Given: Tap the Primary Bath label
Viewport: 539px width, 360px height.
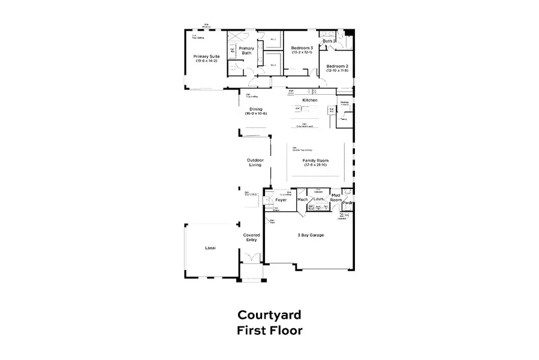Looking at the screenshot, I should pyautogui.click(x=246, y=51).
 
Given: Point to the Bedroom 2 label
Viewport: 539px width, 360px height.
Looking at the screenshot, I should pyautogui.click(x=337, y=68).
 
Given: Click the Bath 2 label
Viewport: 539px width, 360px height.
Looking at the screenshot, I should pyautogui.click(x=329, y=41).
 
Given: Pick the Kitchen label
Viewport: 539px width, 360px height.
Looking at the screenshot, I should pyautogui.click(x=309, y=100).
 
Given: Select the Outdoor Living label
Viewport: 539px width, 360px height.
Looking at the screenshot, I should pyautogui.click(x=255, y=163).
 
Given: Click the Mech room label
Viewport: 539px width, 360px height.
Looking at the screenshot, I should pyautogui.click(x=302, y=199).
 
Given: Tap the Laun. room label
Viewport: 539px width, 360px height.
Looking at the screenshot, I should pyautogui.click(x=318, y=199).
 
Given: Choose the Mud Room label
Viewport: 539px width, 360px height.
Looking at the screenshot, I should pyautogui.click(x=336, y=197).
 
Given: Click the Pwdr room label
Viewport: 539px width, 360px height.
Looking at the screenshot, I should pyautogui.click(x=347, y=203).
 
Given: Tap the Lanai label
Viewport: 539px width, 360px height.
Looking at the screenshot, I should pyautogui.click(x=210, y=248).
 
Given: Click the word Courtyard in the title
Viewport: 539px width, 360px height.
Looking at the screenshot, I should pyautogui.click(x=269, y=314).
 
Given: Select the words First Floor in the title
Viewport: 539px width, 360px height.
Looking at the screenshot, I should pyautogui.click(x=269, y=330).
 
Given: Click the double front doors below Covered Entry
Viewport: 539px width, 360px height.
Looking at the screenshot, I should pyautogui.click(x=251, y=259).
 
